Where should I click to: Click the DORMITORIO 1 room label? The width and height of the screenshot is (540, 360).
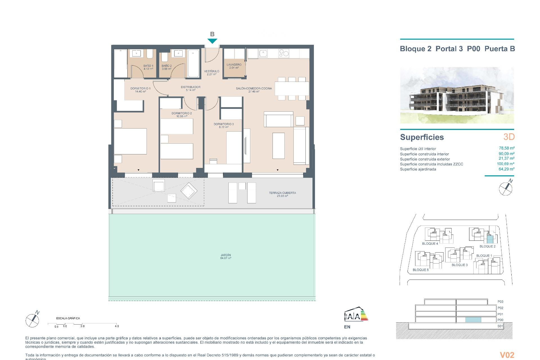point(140,90)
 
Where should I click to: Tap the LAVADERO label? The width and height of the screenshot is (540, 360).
point(234,66)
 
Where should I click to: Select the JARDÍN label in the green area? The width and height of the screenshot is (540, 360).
point(226,256)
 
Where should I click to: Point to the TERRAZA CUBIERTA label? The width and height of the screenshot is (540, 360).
point(282,194)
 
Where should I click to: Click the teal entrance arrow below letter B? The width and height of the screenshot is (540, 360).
point(212,41)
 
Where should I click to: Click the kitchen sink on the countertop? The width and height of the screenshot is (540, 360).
point(264,53)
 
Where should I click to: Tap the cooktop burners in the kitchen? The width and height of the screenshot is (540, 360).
point(283,53)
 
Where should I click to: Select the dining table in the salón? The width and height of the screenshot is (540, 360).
point(292,89)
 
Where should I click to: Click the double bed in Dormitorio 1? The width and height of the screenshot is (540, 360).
point(130,141)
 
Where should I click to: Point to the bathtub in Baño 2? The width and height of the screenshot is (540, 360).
point(193,63)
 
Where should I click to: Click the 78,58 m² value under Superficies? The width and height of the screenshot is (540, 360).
point(507,148)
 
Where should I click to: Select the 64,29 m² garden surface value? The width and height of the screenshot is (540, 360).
point(506,169)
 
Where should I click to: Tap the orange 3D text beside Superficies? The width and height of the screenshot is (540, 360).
point(509,137)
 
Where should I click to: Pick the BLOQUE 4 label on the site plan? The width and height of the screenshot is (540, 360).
point(430,244)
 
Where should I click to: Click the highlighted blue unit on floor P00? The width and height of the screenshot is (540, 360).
point(473,320)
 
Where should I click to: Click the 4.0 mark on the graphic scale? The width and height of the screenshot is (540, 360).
point(117,326)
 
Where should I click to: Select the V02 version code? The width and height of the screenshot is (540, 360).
point(507,355)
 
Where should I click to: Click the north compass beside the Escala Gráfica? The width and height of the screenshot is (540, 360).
point(33,320)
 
